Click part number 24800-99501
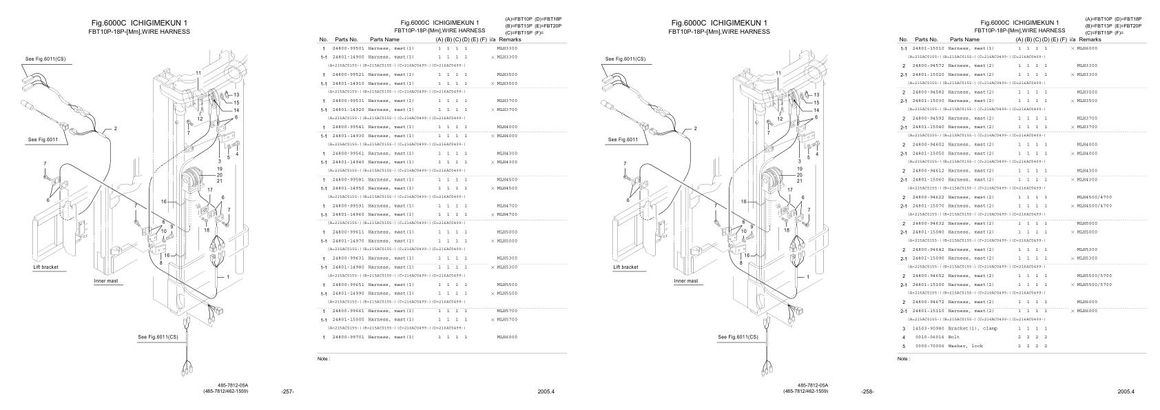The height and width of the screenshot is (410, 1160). (x=348, y=48)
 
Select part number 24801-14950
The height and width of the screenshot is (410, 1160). (x=348, y=188)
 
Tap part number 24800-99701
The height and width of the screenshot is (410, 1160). (x=348, y=337)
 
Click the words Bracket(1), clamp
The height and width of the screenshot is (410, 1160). (x=972, y=328)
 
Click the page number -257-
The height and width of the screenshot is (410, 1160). (x=288, y=391)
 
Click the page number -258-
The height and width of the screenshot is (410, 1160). (x=868, y=391)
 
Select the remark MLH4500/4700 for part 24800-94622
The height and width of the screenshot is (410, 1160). (x=1094, y=197)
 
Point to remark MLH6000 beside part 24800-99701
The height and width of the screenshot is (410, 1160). (x=507, y=337)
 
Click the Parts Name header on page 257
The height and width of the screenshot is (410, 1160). (x=384, y=39)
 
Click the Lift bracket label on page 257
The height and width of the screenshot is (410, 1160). (x=46, y=267)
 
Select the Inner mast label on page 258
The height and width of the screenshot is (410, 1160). (x=685, y=280)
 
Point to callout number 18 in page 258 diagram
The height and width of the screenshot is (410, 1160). (x=787, y=230)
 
